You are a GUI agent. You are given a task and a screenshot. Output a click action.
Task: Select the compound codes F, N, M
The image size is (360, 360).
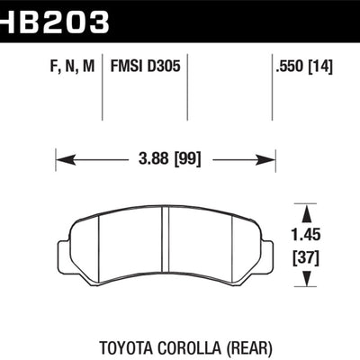72,66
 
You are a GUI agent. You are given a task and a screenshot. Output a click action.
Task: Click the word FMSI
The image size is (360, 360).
126,66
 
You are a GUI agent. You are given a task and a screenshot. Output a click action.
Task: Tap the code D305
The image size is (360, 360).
164,66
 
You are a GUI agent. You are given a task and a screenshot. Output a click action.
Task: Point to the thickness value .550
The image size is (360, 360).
290,66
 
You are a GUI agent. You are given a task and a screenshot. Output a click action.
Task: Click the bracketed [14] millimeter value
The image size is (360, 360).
320,67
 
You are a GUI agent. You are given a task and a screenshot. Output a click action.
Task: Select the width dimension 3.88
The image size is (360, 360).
154,158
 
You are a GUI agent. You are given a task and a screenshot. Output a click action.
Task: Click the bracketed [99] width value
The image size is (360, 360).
187,159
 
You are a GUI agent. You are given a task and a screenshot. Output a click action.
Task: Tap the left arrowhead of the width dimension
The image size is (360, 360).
66,159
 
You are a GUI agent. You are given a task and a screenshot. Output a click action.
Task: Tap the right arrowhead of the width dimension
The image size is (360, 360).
265,159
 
